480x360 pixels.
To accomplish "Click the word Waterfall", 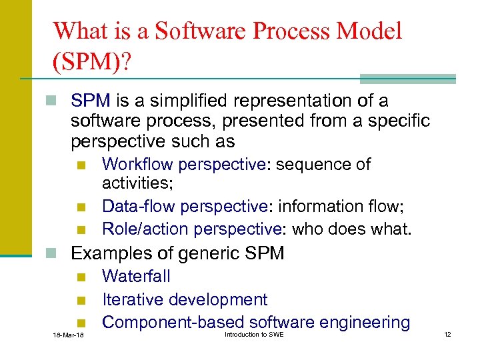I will pyautogui.click(x=136, y=277).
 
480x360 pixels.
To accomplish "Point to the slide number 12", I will pyautogui.click(x=447, y=333).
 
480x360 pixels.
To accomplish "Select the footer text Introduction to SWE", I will pyautogui.click(x=254, y=333).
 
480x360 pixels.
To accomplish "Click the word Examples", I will pyautogui.click(x=110, y=253).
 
